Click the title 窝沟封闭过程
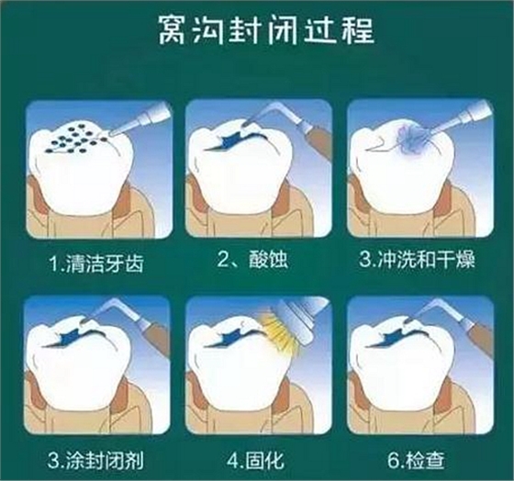point(266,30)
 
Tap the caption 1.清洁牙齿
point(96,263)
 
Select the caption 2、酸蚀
point(252,260)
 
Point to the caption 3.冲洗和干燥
point(417,260)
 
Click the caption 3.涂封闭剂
point(95,460)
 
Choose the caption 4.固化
point(255,460)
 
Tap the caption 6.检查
point(416,460)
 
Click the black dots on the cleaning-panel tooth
point(74,139)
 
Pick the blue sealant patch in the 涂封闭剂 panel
point(71,337)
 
